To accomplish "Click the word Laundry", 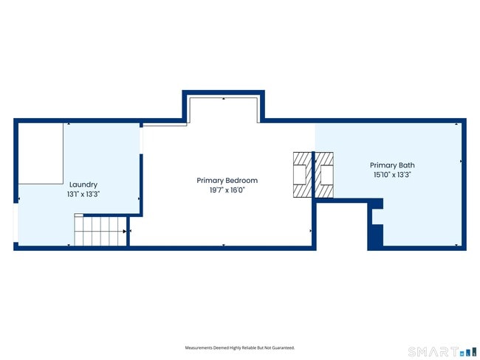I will coord(83,184).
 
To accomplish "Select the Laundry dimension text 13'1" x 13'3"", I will coord(83,194).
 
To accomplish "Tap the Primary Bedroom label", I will coord(227,180).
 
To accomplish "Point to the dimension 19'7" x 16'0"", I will coord(227,190).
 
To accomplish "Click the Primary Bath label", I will coord(392,165).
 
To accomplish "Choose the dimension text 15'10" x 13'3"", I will coord(392,175).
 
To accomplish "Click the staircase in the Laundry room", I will coord(100,231).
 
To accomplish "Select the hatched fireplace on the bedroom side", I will coord(303,175).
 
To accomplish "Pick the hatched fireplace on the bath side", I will coord(325,175).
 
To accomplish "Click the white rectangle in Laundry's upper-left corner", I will coord(41,153).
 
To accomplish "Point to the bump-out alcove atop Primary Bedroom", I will coord(224,109).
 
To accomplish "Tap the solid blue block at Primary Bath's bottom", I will coord(375,235).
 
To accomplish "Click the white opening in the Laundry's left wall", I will coord(16,221).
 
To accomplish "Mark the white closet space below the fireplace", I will coord(341,224).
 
